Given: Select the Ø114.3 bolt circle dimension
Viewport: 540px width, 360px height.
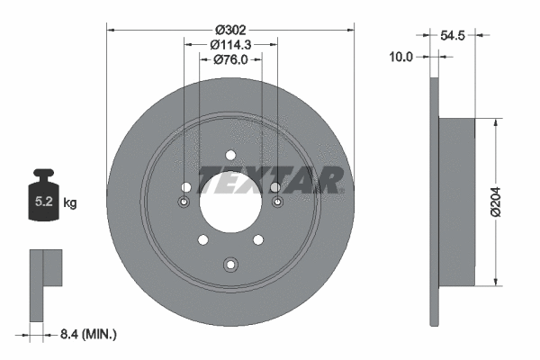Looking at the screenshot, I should coord(230,44).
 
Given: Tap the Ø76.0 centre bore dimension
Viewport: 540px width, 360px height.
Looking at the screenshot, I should coord(230,60).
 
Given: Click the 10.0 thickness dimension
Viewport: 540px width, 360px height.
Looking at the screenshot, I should coord(401,56).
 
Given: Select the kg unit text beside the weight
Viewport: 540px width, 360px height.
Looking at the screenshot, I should coord(70,203).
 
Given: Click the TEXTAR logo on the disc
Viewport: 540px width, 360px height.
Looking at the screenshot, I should coord(269,180).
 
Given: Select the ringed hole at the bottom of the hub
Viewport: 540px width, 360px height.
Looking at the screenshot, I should coord(230,264).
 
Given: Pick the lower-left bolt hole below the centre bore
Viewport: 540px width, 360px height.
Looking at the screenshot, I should coord(202,239).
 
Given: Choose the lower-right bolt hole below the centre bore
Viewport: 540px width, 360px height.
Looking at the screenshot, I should coord(258,239).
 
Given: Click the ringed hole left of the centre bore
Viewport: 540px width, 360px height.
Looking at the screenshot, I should coord(184,202).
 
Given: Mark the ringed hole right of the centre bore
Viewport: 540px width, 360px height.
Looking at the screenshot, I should coord(276,202).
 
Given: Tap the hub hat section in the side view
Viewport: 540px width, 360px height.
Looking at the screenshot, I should coord(455,202).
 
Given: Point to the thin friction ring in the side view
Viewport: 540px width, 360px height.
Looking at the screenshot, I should coord(436,202).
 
